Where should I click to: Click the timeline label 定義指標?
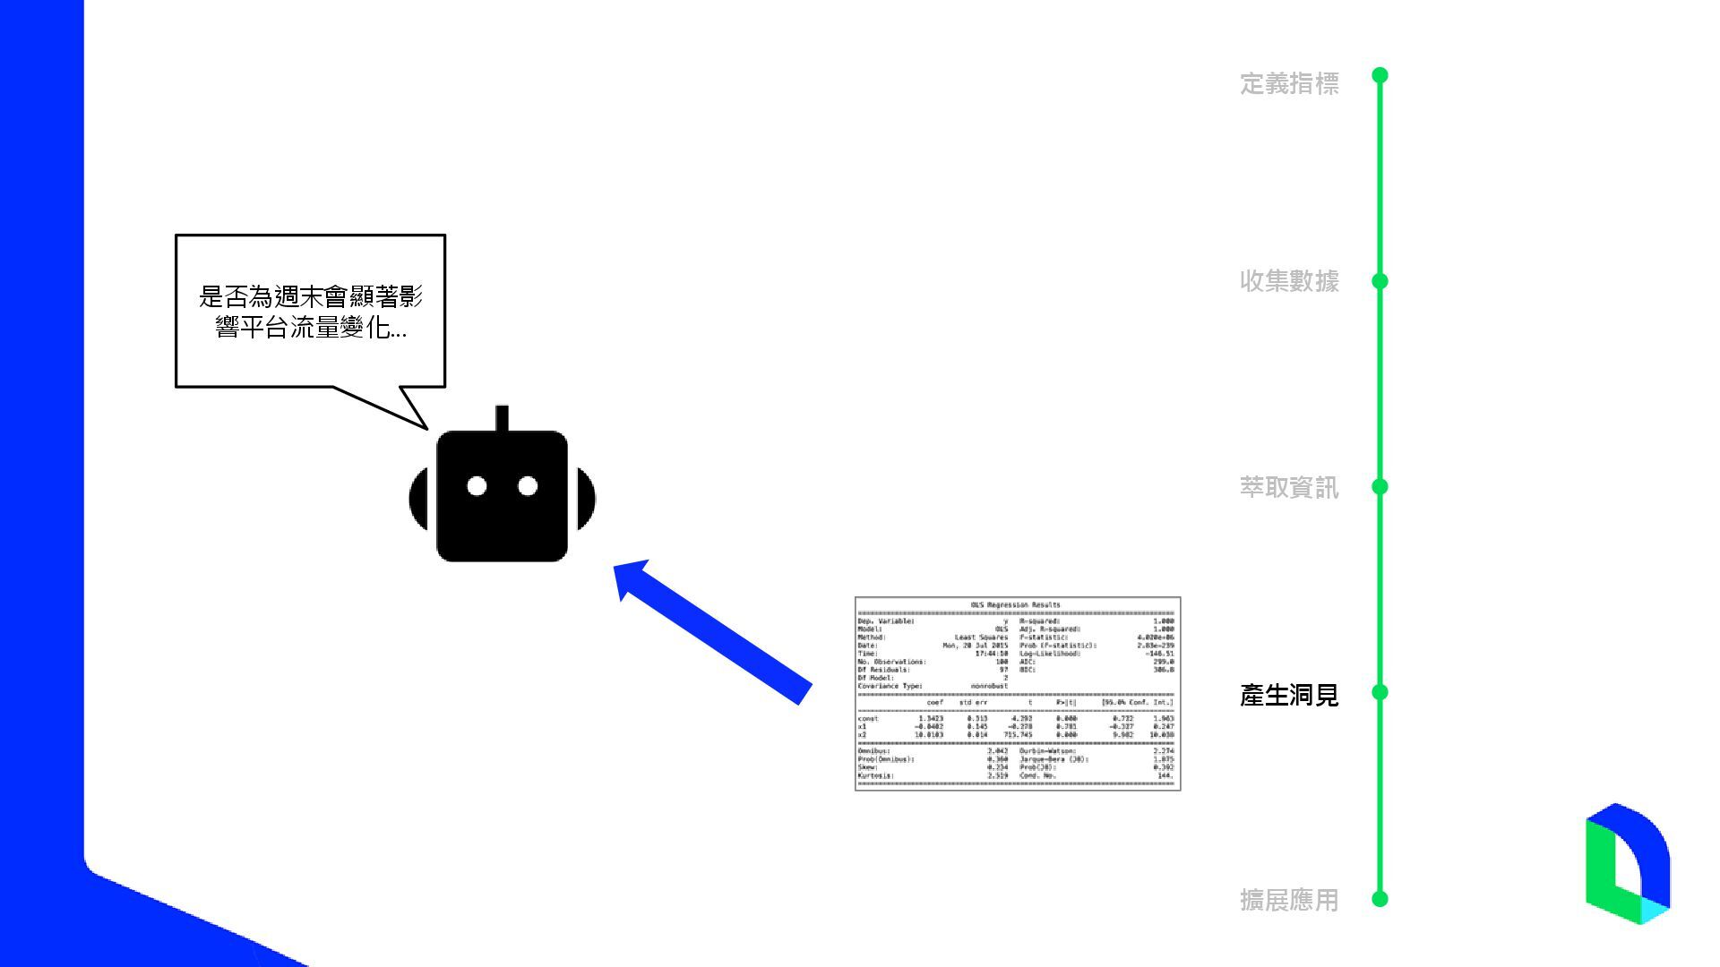(1288, 83)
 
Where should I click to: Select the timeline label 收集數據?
(1288, 281)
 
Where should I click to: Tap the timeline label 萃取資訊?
(1288, 487)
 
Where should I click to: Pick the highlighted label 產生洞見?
(1288, 694)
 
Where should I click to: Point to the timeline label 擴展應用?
(1288, 900)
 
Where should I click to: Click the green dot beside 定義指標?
(1380, 75)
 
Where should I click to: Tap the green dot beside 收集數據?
(1380, 281)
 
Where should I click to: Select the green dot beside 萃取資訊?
(1380, 486)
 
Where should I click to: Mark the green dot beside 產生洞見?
(1380, 692)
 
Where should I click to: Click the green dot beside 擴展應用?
(1380, 898)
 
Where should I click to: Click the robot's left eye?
(477, 486)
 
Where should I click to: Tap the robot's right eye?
(528, 486)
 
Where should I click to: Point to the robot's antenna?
(502, 418)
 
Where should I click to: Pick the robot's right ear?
(586, 498)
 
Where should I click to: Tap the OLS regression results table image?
(1018, 693)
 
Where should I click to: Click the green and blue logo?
(1627, 863)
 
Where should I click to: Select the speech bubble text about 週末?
(310, 312)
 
